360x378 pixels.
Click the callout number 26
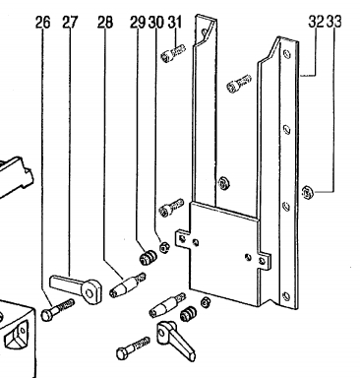43,23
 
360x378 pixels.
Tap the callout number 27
71,23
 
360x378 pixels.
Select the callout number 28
105,23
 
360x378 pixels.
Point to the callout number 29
138,23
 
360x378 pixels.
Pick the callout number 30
156,23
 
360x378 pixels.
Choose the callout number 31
175,23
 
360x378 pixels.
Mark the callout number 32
316,22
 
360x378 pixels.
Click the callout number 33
334,22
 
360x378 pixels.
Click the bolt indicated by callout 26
58,309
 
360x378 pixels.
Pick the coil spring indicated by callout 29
148,258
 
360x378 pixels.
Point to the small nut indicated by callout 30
164,247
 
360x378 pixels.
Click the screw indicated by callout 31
173,53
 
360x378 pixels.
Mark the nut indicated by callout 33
307,191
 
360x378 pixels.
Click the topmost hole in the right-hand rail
287,53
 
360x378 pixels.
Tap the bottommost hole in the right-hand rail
286,296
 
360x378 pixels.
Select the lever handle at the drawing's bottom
176,341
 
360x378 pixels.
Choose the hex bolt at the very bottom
134,347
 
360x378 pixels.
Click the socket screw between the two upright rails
239,83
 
